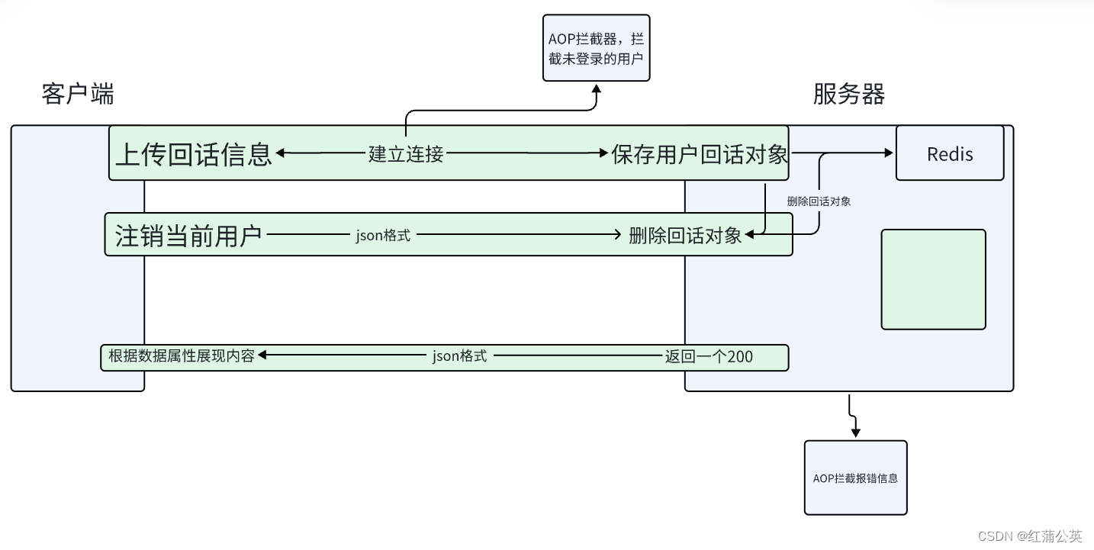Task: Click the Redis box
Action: (x=949, y=153)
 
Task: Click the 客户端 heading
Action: (x=78, y=95)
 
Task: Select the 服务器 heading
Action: (x=848, y=95)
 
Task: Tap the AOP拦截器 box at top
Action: (x=596, y=47)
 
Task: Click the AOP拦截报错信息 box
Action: (x=855, y=478)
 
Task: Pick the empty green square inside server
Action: (x=933, y=279)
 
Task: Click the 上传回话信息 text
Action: (x=193, y=153)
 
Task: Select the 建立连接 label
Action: (x=406, y=153)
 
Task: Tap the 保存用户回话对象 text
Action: (x=699, y=153)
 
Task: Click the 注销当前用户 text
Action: (x=188, y=235)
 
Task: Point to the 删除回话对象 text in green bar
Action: (x=685, y=235)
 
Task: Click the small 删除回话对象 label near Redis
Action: (x=819, y=201)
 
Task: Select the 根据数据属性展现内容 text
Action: (x=181, y=355)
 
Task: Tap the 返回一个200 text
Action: (x=709, y=355)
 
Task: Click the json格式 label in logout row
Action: (x=383, y=235)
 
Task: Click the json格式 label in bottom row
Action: (x=459, y=355)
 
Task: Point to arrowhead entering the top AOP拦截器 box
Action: (x=597, y=88)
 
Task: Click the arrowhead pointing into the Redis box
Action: (x=889, y=153)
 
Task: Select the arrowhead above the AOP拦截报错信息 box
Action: (x=855, y=433)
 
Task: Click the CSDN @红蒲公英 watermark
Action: (x=1029, y=536)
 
